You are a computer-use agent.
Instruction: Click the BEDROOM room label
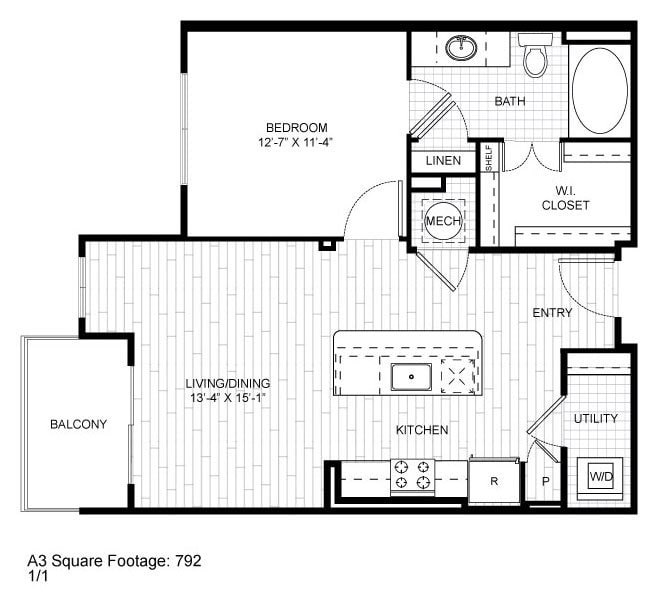(x=296, y=127)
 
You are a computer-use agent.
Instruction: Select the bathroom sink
(x=461, y=47)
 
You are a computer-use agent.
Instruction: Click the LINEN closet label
(x=443, y=161)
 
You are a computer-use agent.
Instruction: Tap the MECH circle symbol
(x=442, y=221)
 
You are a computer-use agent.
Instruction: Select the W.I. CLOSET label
(x=565, y=198)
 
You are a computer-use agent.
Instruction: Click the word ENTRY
(x=552, y=313)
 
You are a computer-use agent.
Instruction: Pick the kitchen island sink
(x=410, y=377)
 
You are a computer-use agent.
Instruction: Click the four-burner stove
(x=413, y=476)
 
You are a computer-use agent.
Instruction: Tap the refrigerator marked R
(x=494, y=480)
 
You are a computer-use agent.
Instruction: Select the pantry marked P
(x=545, y=481)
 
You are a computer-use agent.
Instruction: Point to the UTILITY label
(x=596, y=418)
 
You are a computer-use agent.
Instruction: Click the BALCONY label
(x=78, y=424)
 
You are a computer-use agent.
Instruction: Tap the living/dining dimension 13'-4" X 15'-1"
(x=227, y=397)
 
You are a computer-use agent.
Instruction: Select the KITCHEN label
(x=421, y=430)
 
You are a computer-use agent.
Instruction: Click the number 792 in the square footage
(x=190, y=561)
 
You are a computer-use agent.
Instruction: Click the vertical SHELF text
(x=489, y=158)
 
